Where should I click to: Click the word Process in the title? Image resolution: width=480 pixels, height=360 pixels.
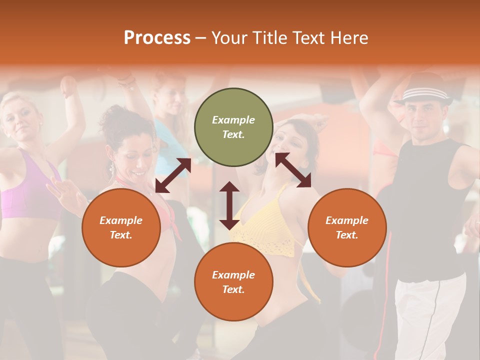click(x=157, y=38)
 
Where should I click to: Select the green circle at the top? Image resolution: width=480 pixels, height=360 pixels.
click(x=233, y=127)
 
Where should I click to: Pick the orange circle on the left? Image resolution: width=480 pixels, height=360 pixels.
click(x=121, y=227)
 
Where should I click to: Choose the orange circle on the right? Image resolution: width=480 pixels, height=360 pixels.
click(x=347, y=227)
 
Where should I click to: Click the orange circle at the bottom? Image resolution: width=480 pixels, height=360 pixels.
click(x=233, y=281)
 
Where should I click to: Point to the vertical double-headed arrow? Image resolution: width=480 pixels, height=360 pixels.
click(x=229, y=205)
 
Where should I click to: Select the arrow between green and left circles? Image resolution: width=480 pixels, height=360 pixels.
click(x=173, y=175)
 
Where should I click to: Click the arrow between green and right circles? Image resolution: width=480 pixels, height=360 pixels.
click(x=293, y=170)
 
